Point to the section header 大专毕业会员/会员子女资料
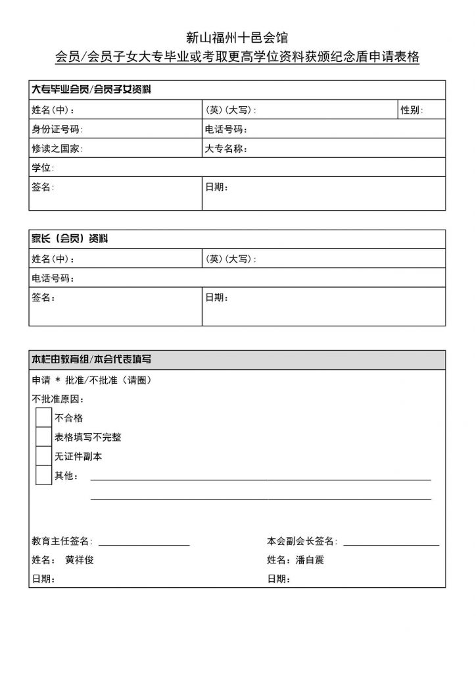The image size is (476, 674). [x=93, y=89]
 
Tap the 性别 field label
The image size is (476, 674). [x=412, y=110]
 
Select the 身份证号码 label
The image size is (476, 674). [x=57, y=129]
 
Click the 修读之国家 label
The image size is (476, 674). [x=57, y=149]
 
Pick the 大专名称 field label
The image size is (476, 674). [x=226, y=149]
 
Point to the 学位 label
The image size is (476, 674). [x=43, y=168]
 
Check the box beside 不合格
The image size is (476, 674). [x=43, y=417]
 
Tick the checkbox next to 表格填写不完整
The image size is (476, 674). [x=43, y=436]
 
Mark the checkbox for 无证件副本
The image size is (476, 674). [x=43, y=456]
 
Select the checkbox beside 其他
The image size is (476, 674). [x=43, y=475]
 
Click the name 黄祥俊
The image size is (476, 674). [x=83, y=560]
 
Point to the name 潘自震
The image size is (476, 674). [x=310, y=560]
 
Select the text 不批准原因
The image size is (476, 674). [x=58, y=399]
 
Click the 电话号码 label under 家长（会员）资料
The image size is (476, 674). [x=53, y=278]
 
